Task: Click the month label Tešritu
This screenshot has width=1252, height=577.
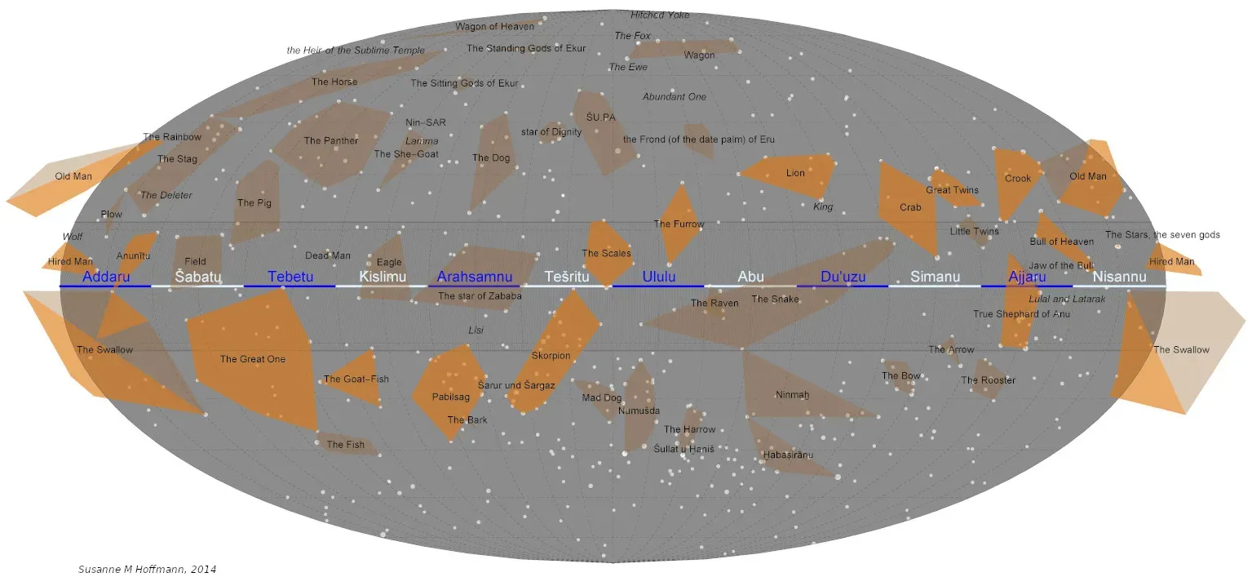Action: (x=567, y=277)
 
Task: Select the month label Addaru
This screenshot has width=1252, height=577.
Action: (x=106, y=277)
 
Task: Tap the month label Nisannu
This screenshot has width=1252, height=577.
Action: (x=1119, y=277)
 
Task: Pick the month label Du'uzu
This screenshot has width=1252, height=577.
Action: (x=843, y=277)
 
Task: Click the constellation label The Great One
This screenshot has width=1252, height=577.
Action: (x=253, y=359)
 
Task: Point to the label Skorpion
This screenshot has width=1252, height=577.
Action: (x=551, y=356)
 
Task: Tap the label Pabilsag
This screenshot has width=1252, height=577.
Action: (x=451, y=397)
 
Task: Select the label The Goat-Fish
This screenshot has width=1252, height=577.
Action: (x=356, y=379)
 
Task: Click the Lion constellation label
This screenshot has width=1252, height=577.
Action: (x=795, y=173)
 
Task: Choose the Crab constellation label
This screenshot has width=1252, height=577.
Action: (x=910, y=207)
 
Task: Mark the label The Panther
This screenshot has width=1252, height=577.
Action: (x=331, y=141)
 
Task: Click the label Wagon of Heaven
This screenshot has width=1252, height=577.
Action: (x=495, y=27)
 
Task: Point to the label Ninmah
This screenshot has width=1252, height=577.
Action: (x=792, y=395)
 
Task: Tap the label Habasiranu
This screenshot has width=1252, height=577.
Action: (x=788, y=455)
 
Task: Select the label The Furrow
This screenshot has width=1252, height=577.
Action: (x=679, y=224)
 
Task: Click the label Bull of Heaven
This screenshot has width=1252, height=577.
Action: (x=1061, y=242)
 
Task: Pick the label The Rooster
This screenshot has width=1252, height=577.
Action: (x=988, y=380)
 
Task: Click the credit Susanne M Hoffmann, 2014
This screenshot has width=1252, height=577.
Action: (x=147, y=569)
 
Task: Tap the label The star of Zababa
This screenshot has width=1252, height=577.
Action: (x=480, y=296)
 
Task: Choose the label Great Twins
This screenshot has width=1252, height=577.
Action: (x=952, y=191)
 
